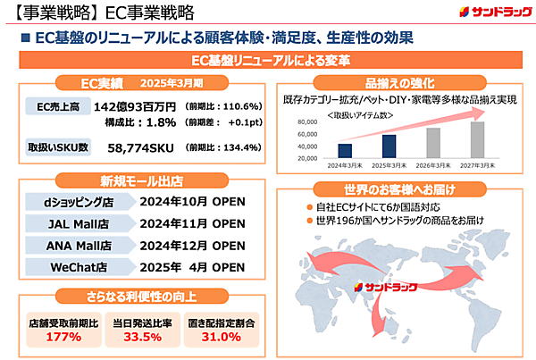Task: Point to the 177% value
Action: (x=52, y=337)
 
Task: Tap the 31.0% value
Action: (x=220, y=337)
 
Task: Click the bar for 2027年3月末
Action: (x=477, y=139)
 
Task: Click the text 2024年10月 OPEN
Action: (x=192, y=201)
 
